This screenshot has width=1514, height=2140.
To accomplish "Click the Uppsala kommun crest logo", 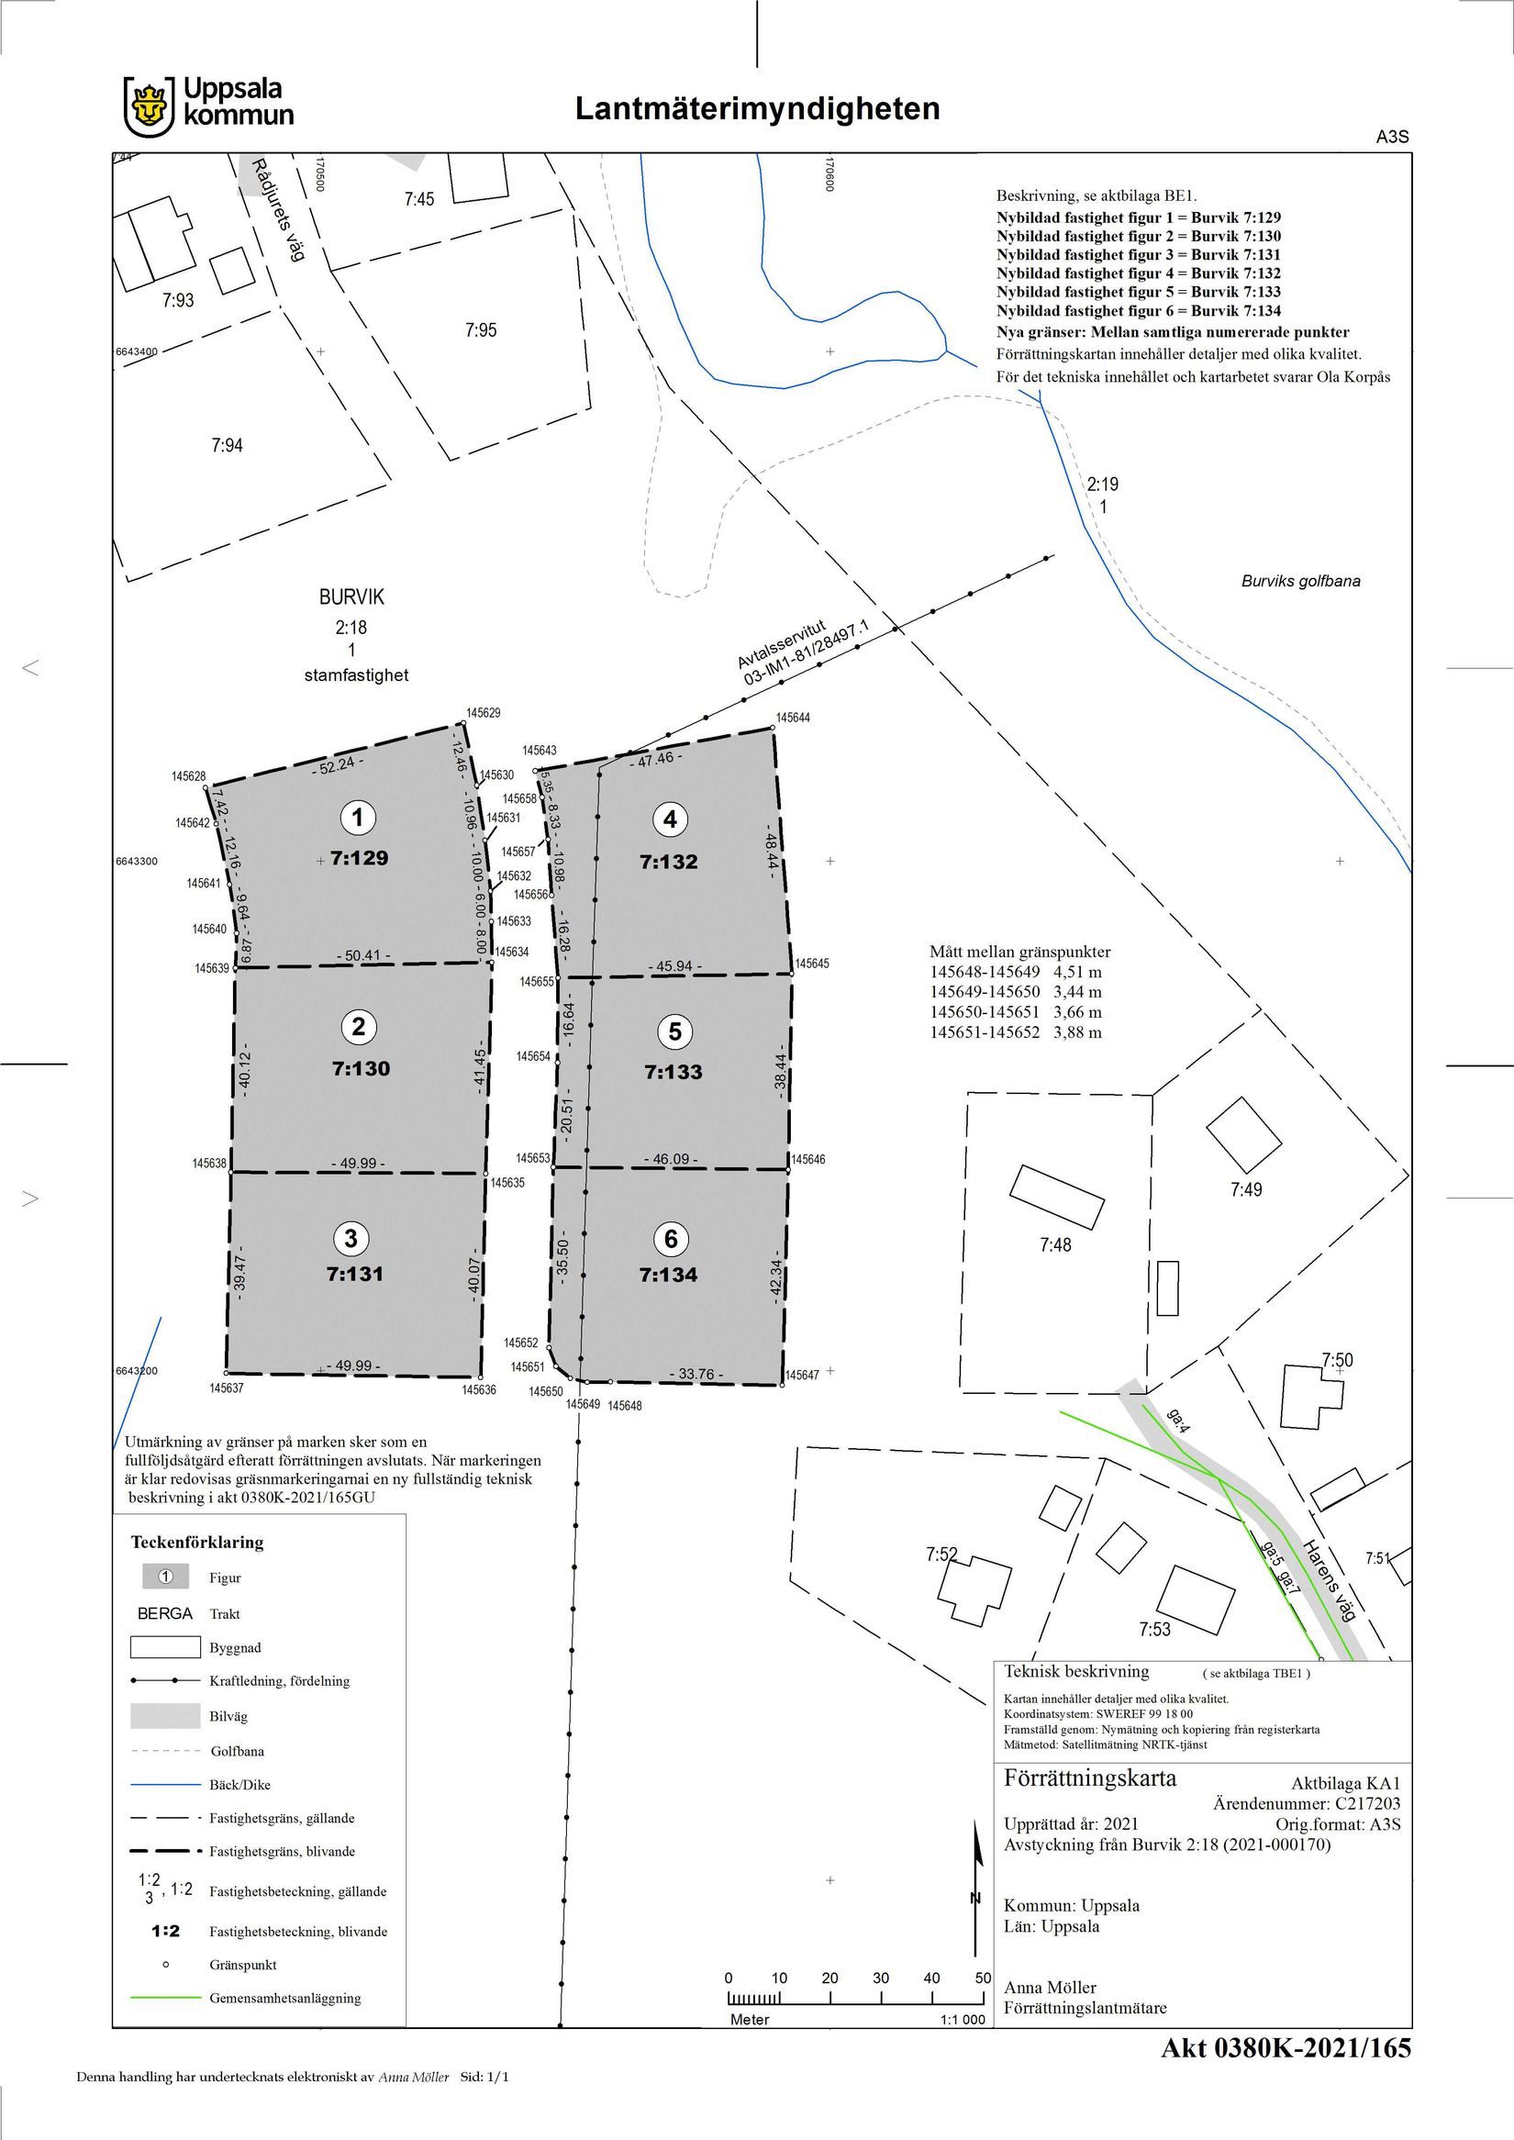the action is pos(150,107).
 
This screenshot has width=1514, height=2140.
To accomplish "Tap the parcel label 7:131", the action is pos(355,1274).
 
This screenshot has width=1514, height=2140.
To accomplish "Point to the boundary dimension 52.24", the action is pos(338,763).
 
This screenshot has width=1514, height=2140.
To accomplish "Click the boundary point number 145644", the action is pos(794,717).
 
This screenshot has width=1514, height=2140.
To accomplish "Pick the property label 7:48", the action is pos(1055,1245).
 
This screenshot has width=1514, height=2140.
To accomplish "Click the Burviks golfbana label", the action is pos(1300,581).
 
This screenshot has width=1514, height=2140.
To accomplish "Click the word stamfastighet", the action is pos(356,675).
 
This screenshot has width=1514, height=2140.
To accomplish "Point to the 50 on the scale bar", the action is pos(984,1978).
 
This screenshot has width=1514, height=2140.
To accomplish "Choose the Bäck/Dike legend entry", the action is pos(239,1785).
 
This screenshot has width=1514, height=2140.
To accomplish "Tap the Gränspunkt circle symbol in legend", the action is pos(166,1965).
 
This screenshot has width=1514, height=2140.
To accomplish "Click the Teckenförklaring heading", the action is pos(196,1543).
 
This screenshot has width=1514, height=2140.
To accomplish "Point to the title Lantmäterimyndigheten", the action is pos(757,108).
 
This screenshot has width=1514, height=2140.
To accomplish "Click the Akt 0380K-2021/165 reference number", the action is pos(1286,2048).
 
